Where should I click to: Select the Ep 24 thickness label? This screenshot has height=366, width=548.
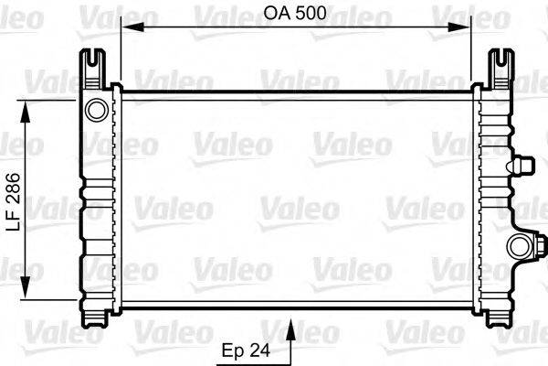tap(247, 349)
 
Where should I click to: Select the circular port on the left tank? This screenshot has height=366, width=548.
tap(96, 111)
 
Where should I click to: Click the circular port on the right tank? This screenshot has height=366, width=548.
tap(519, 245)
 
